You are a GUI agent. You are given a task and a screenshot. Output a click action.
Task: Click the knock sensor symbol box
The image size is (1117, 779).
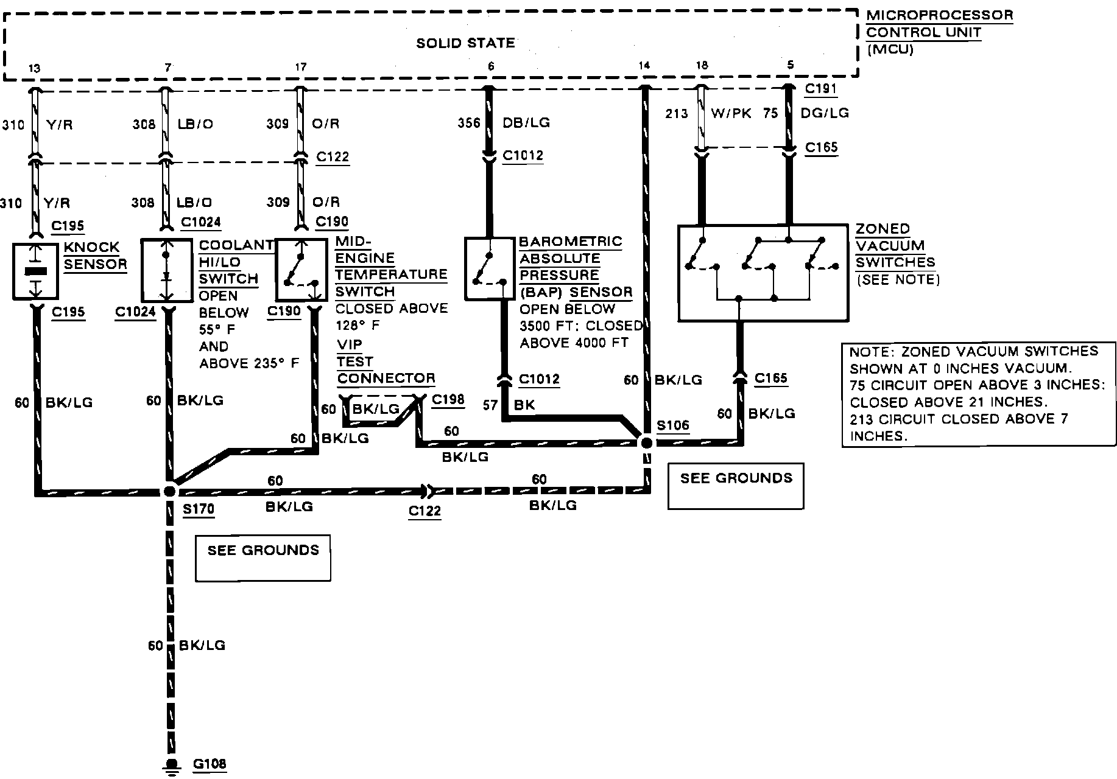[x=36, y=271]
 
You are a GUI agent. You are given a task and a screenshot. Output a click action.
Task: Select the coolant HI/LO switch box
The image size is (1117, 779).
[x=166, y=270]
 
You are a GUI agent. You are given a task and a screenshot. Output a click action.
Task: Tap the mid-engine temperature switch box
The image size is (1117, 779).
[x=301, y=270]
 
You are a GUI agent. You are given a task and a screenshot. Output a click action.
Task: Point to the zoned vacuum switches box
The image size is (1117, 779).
[x=763, y=273]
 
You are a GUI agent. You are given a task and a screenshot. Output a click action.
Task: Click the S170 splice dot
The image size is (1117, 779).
[x=170, y=491]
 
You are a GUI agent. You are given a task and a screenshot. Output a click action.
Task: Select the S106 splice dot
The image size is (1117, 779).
[x=646, y=442]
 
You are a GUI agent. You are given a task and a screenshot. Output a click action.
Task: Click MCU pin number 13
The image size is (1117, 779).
[x=35, y=68]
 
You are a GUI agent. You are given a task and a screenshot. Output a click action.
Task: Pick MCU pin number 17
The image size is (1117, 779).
[x=300, y=67]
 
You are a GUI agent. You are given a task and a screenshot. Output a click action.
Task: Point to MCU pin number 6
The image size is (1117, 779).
[x=491, y=66]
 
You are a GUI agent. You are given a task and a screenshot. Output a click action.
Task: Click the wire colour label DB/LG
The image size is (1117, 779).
[x=526, y=123]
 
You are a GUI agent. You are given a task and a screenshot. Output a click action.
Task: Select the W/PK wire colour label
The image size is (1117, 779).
[x=731, y=113]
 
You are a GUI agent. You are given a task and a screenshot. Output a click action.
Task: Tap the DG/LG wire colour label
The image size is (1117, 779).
[x=825, y=113]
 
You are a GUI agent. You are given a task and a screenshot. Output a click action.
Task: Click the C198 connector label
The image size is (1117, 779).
[x=448, y=400]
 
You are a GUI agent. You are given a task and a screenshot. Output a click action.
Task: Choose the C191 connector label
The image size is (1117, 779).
[x=821, y=89]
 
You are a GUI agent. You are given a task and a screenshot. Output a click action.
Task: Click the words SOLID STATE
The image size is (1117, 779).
[x=465, y=43]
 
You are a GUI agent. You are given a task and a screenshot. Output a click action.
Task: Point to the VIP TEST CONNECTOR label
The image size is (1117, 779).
[x=386, y=362]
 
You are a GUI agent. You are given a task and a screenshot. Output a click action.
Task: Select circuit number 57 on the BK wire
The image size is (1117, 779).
[x=490, y=405]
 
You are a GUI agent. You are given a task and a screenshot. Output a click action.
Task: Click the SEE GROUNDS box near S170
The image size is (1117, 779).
[x=263, y=557]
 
